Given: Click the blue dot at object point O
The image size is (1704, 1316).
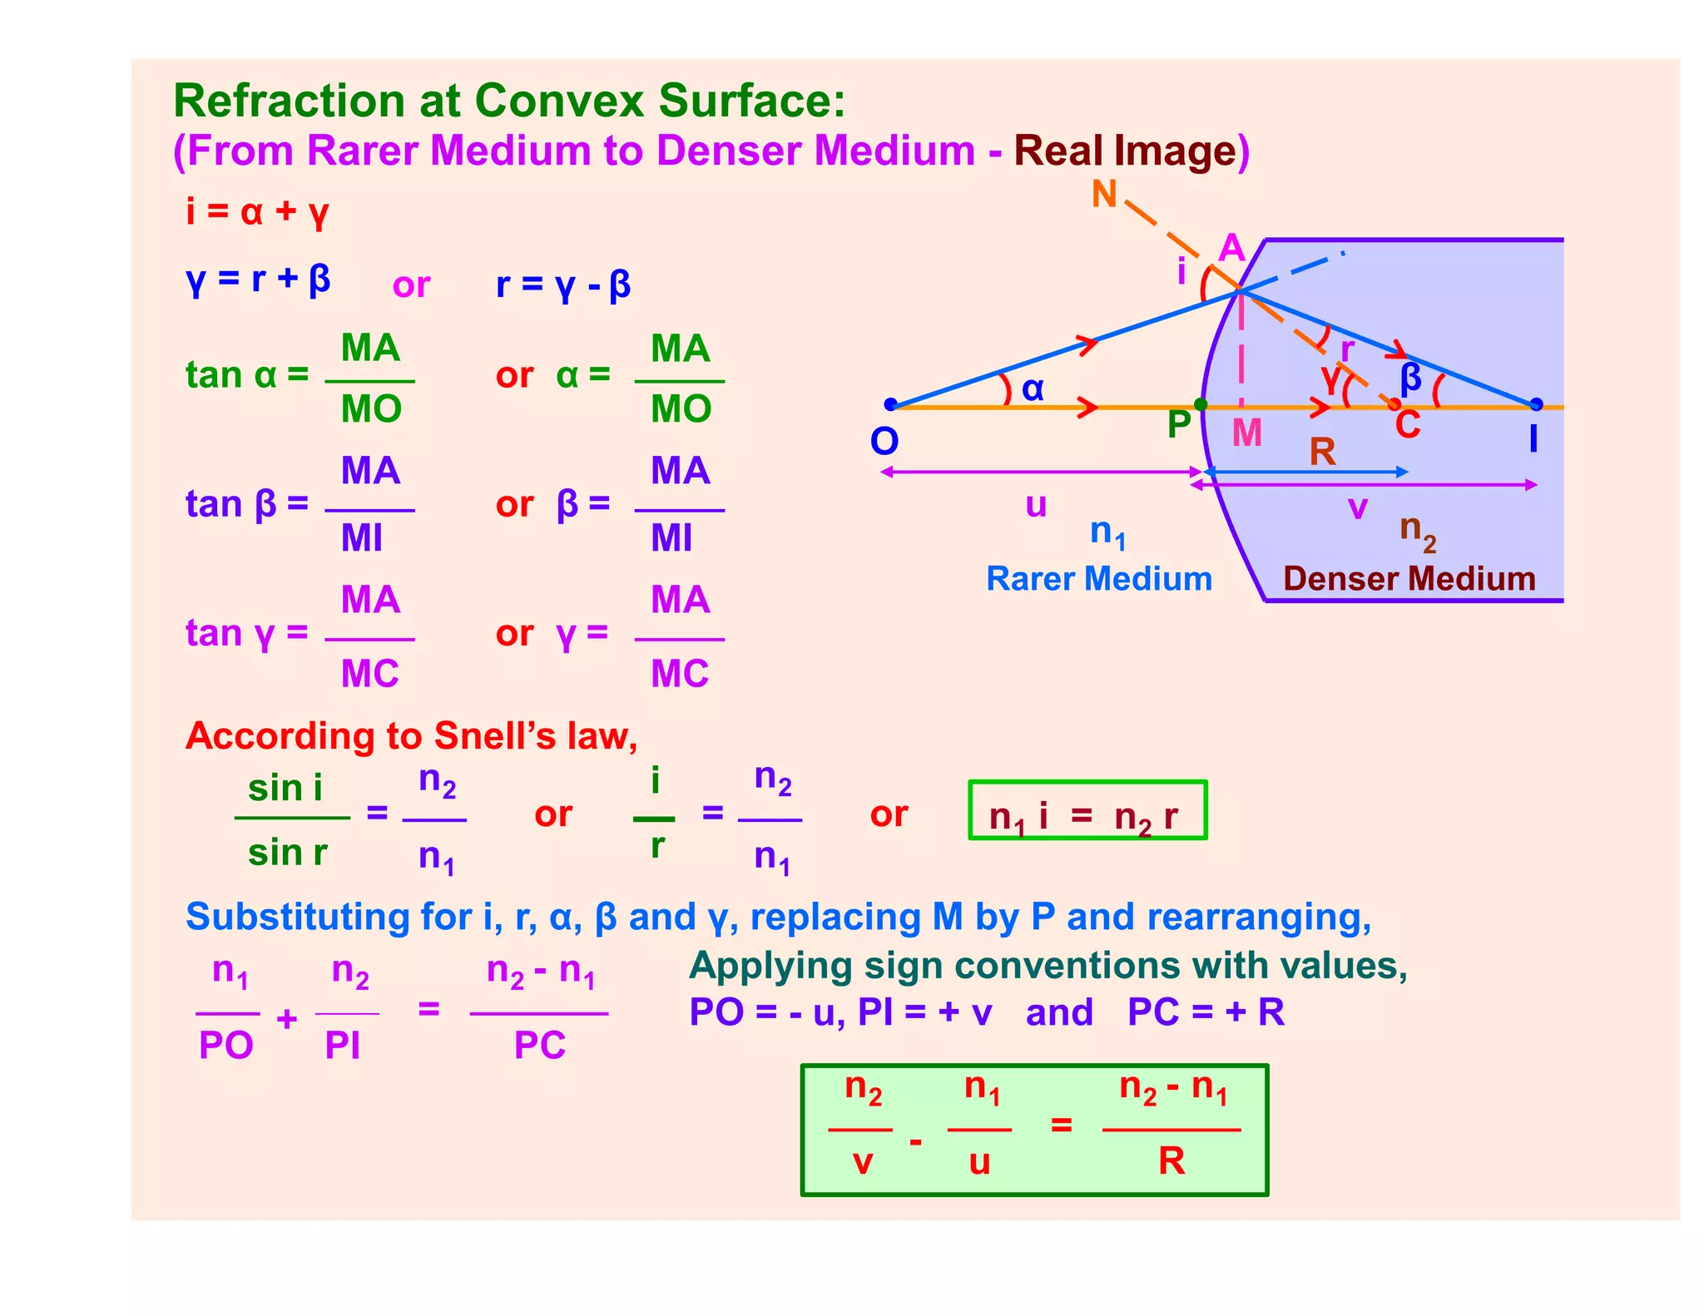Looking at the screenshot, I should click(x=890, y=404).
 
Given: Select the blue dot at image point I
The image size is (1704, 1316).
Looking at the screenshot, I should click(x=1536, y=404).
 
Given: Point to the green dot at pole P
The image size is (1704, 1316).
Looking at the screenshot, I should click(x=1201, y=404).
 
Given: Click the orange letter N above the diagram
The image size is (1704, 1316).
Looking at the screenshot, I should click(x=1104, y=195).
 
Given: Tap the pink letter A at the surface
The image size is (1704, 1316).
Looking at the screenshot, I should click(x=1231, y=248).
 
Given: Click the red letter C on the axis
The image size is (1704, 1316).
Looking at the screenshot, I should click(x=1408, y=425).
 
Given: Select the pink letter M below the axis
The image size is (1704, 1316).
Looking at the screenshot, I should click(x=1246, y=433).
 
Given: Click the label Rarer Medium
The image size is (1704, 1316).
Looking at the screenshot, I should click(x=1098, y=579).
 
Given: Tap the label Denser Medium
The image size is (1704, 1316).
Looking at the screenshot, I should click(x=1409, y=579).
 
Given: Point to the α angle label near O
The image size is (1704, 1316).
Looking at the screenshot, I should click(x=1033, y=388).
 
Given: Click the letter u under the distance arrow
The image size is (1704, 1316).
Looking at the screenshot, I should click(x=1036, y=505).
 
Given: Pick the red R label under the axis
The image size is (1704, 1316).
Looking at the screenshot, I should click(x=1322, y=453).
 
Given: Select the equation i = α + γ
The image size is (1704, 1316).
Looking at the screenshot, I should click(x=257, y=212).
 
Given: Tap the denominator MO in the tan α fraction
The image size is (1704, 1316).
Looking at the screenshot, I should click(x=371, y=409).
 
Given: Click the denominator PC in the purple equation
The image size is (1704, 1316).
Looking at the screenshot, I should click(x=539, y=1046).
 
